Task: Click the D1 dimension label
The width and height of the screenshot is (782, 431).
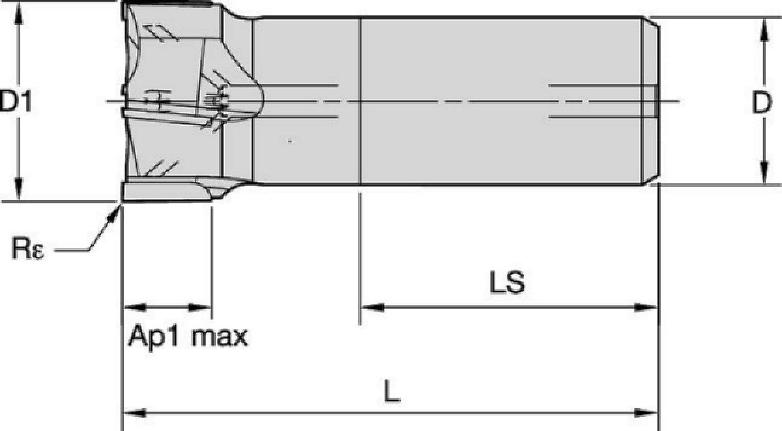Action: (x=16, y=101)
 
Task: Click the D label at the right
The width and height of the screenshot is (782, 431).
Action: (x=761, y=102)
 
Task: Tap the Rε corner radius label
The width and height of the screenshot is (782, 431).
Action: (x=27, y=248)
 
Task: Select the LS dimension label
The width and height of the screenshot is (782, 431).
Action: (x=507, y=282)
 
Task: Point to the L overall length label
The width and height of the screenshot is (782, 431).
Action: (x=392, y=391)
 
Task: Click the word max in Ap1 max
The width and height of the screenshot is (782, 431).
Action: (x=219, y=336)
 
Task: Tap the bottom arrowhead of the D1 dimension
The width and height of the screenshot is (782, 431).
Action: (x=19, y=190)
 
